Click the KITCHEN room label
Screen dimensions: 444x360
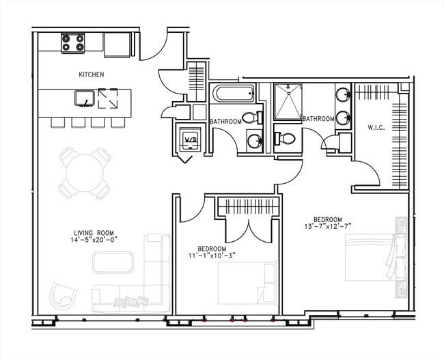(x=91, y=74)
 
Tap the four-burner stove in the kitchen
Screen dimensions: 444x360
(x=73, y=43)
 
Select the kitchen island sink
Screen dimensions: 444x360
(x=85, y=98)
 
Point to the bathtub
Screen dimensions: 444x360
(x=234, y=94)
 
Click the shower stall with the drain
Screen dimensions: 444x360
(x=288, y=101)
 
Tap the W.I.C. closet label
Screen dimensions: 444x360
(x=376, y=128)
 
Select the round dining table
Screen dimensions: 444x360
(x=85, y=173)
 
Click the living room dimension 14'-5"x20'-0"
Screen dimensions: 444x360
(x=94, y=240)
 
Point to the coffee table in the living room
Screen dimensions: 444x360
(x=113, y=262)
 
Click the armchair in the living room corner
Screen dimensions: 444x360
(x=63, y=296)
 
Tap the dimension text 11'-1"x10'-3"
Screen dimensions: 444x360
(x=212, y=255)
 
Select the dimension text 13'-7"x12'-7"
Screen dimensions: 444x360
(x=328, y=226)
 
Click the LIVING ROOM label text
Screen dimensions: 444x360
(x=94, y=233)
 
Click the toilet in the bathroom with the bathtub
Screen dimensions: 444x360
(x=252, y=117)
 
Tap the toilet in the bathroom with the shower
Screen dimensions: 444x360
(x=285, y=139)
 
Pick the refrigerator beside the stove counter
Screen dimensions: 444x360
(x=117, y=45)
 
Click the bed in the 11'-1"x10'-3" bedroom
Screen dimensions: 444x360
(x=247, y=283)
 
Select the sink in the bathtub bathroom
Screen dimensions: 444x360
(x=255, y=140)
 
